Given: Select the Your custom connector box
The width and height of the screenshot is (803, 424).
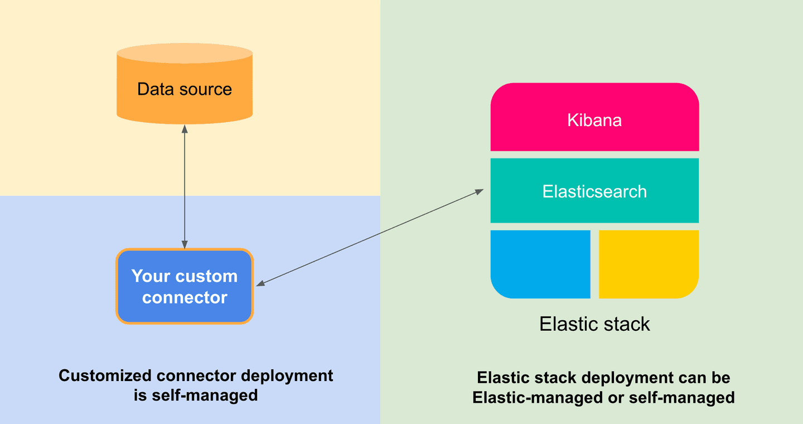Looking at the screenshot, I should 184,286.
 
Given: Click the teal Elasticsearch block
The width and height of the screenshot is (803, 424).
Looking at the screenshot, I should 594,191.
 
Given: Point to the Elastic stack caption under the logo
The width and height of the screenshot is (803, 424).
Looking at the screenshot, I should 594,324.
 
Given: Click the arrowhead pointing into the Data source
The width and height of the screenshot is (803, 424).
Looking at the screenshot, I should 185,129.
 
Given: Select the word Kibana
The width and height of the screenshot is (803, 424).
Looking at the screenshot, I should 594,121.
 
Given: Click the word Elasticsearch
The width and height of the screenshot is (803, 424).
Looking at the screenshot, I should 594,191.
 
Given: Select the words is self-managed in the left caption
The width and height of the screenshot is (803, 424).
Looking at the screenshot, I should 196,395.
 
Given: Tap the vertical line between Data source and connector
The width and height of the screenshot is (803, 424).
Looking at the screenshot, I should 185,184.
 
